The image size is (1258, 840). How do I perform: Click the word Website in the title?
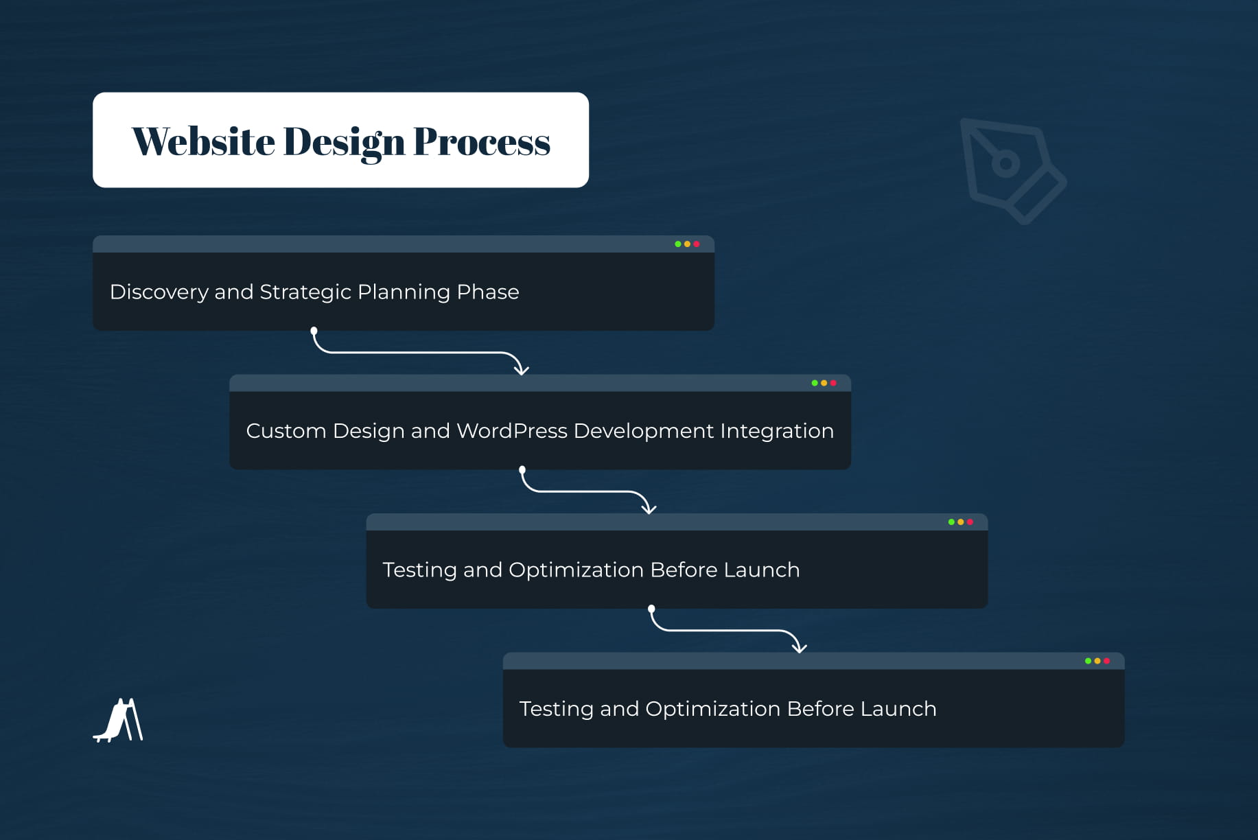click(203, 141)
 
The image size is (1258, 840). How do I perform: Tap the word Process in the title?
click(481, 141)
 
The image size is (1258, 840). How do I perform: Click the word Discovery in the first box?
click(159, 292)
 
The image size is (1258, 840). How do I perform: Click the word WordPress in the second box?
click(511, 431)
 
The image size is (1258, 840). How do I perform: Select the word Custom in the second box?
click(286, 431)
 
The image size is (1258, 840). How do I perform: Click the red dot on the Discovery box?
click(697, 244)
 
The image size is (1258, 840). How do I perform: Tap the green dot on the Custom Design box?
click(815, 383)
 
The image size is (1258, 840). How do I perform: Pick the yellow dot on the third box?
click(961, 522)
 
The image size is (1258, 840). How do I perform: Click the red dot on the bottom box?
click(1106, 661)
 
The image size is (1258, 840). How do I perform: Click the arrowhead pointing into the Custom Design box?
click(522, 371)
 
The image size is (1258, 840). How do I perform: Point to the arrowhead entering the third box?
click(649, 509)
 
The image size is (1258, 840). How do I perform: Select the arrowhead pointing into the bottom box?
click(799, 648)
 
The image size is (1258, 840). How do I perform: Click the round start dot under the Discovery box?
click(314, 331)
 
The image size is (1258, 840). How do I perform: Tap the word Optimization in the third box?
click(576, 570)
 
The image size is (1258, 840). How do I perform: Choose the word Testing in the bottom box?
click(556, 709)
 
